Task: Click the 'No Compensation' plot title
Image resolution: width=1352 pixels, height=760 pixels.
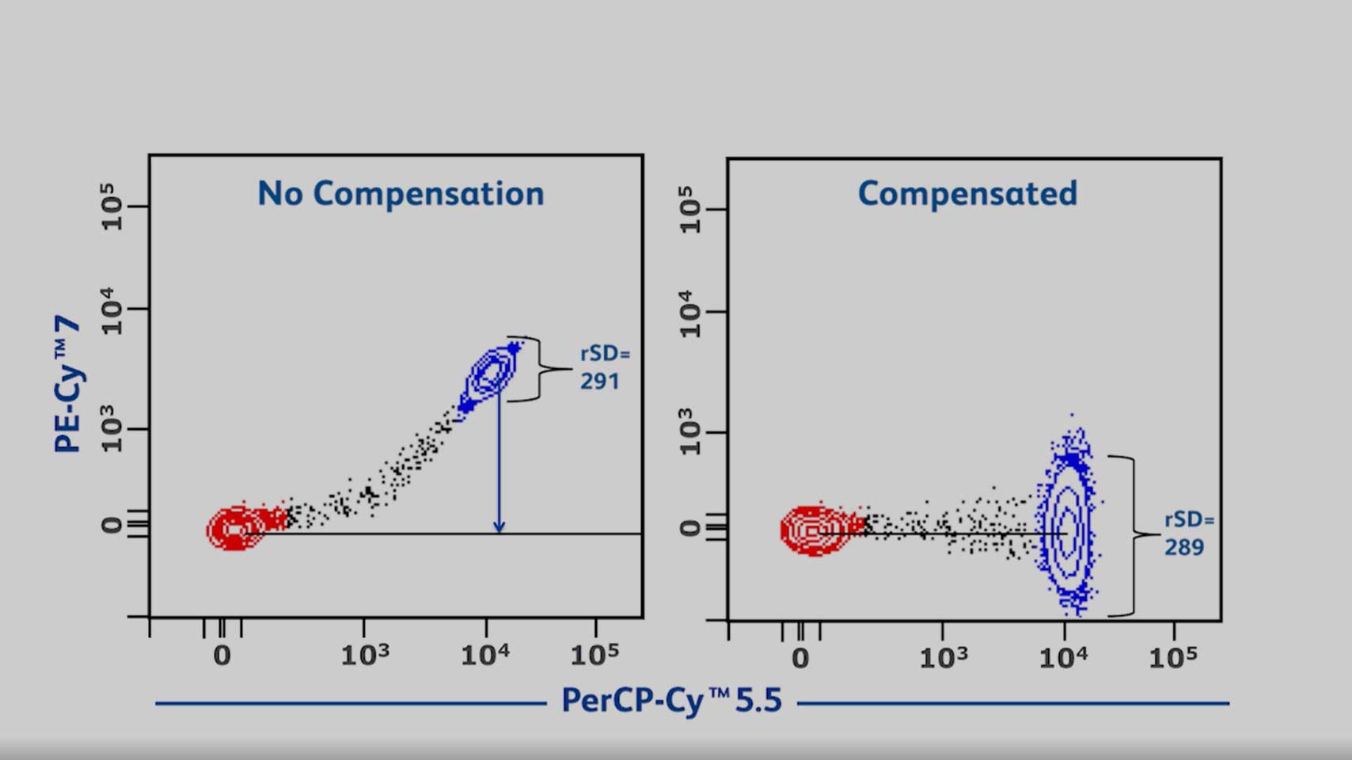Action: pyautogui.click(x=401, y=194)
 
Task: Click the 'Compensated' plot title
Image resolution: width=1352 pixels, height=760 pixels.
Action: pyautogui.click(x=967, y=194)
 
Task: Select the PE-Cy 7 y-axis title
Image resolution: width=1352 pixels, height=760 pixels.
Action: pyautogui.click(x=68, y=384)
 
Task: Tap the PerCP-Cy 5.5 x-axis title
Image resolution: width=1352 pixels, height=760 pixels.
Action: pyautogui.click(x=671, y=701)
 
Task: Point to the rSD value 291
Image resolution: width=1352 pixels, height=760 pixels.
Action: pyautogui.click(x=599, y=382)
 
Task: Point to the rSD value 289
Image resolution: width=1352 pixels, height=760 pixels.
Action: pyautogui.click(x=1184, y=548)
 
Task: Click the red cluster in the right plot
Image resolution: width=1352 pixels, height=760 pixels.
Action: pyautogui.click(x=812, y=530)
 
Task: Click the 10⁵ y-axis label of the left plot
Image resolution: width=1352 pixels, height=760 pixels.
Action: pyautogui.click(x=112, y=207)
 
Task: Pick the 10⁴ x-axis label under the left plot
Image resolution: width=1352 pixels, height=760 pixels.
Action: pyautogui.click(x=485, y=655)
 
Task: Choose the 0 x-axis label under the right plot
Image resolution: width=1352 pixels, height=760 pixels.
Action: pyautogui.click(x=800, y=659)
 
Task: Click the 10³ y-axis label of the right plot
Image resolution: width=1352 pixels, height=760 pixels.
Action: pyautogui.click(x=690, y=431)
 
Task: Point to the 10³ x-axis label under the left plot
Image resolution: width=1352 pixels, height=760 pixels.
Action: pyautogui.click(x=365, y=655)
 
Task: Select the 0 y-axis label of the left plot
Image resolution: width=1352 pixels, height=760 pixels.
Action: pyautogui.click(x=112, y=525)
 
